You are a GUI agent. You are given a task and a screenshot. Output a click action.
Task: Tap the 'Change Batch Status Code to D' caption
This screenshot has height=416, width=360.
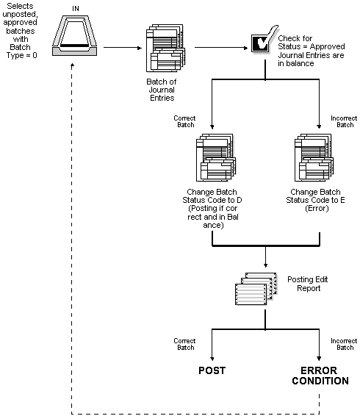[x=211, y=207]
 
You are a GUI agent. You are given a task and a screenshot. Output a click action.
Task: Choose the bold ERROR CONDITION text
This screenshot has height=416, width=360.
[x=320, y=375]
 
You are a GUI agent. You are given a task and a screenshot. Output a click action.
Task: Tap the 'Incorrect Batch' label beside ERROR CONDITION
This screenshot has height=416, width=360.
[x=344, y=345]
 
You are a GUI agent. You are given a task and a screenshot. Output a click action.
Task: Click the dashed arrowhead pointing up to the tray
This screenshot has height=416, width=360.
[x=71, y=65]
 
